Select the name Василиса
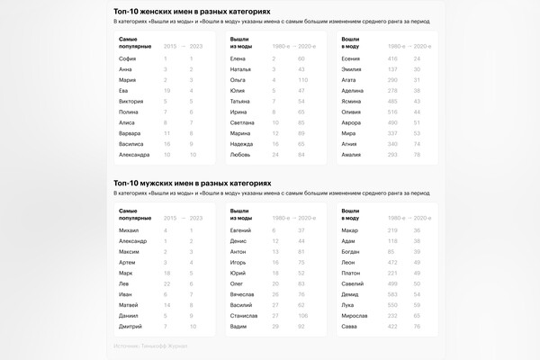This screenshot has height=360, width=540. [130, 143]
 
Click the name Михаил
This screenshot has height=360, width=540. [130, 230]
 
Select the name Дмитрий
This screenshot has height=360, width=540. [130, 326]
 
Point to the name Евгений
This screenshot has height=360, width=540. [241, 230]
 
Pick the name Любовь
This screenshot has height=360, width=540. [240, 154]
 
